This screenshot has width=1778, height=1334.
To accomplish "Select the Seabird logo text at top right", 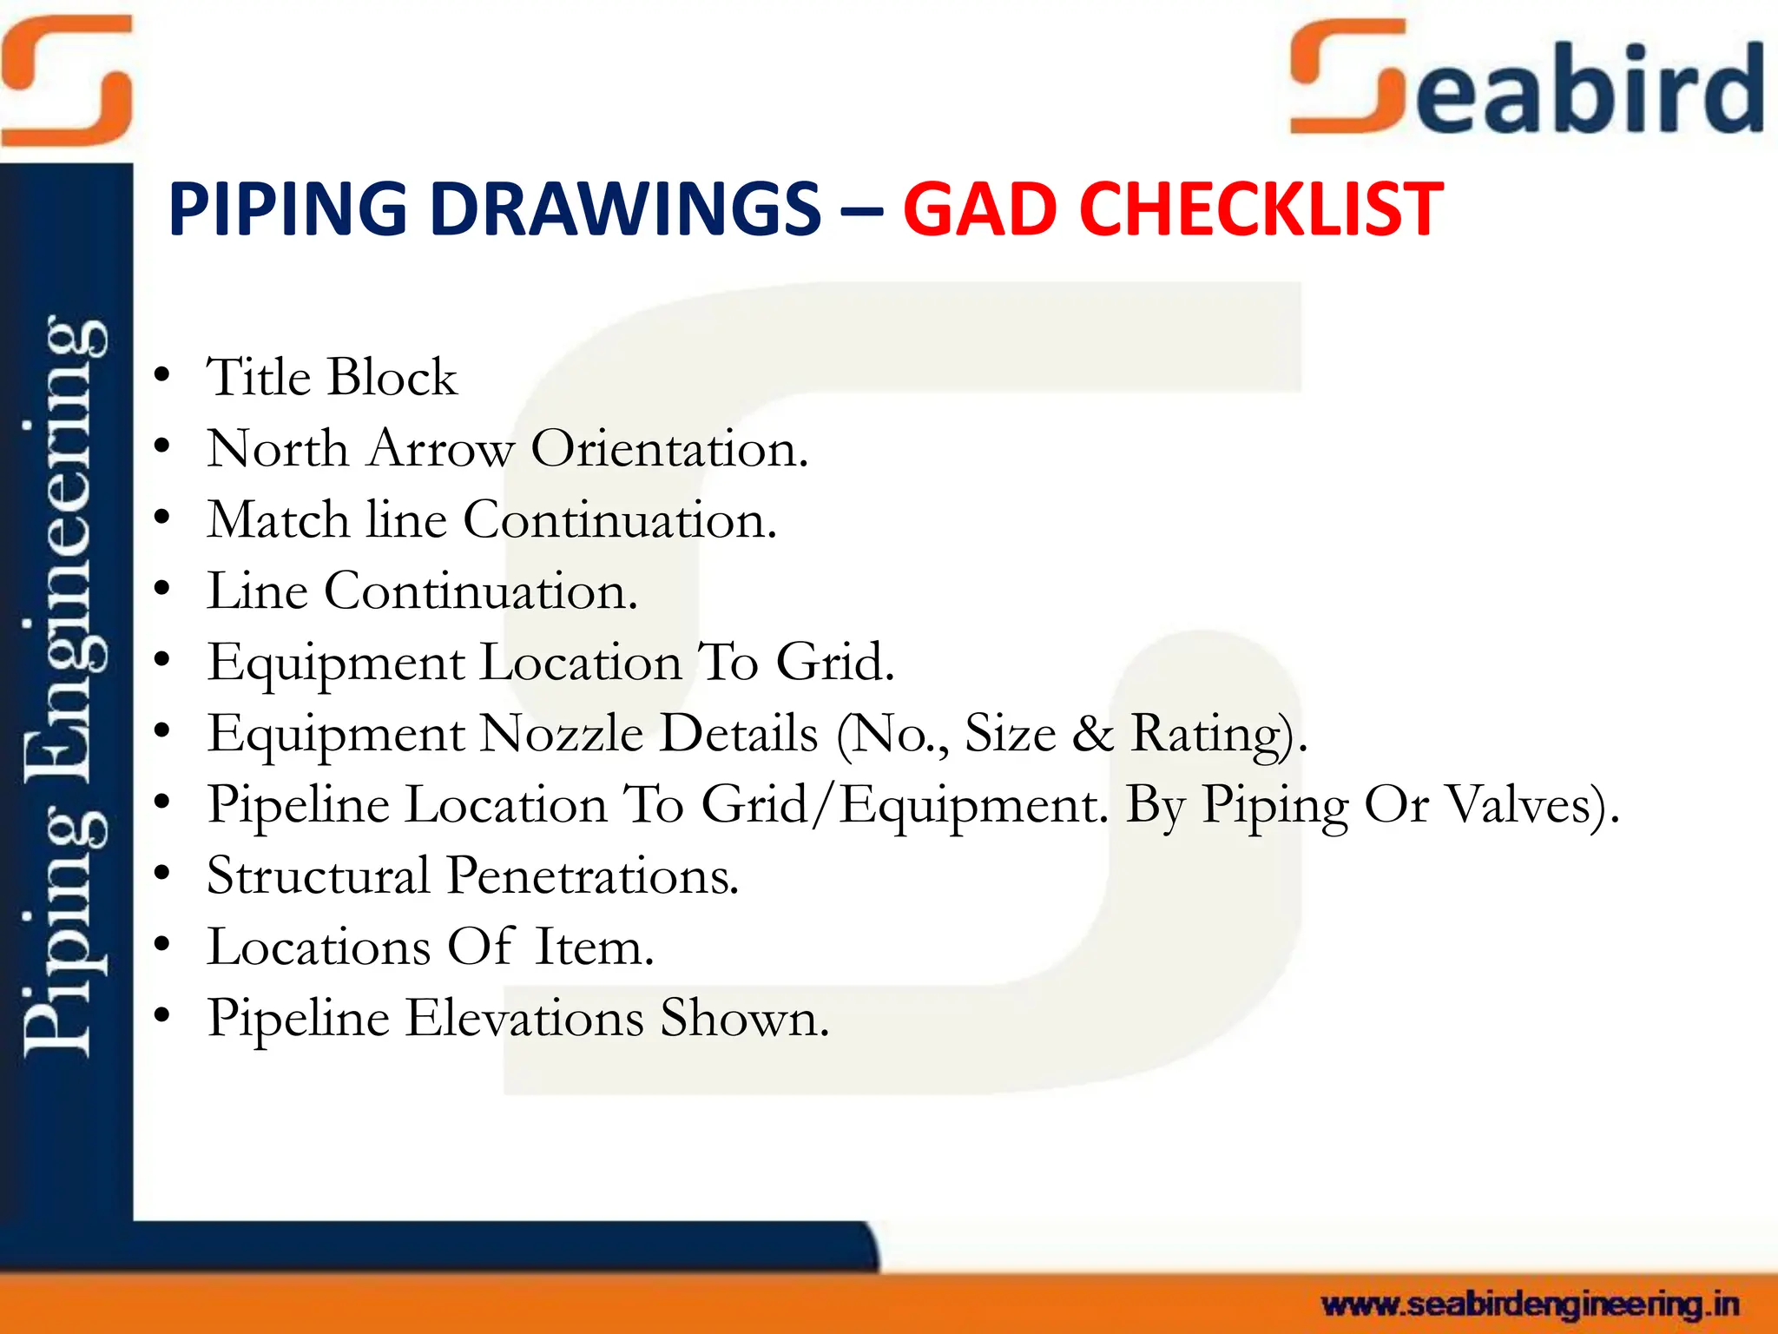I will coord(1528,83).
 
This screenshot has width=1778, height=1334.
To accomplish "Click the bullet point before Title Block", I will coord(161,376).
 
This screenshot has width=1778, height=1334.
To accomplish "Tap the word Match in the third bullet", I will coord(279,520).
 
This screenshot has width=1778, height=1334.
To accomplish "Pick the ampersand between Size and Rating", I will coord(1092,734).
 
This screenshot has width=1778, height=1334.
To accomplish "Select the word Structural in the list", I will coord(318,875).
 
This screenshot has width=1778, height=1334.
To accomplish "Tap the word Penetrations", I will coord(592,875).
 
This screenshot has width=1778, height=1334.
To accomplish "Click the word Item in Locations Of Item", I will coord(593,947).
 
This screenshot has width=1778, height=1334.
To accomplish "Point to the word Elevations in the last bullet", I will coord(524,1018).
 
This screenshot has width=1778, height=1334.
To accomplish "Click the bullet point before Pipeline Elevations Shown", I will coord(161,1016).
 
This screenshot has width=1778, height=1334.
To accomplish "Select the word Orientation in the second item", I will coord(668,449).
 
